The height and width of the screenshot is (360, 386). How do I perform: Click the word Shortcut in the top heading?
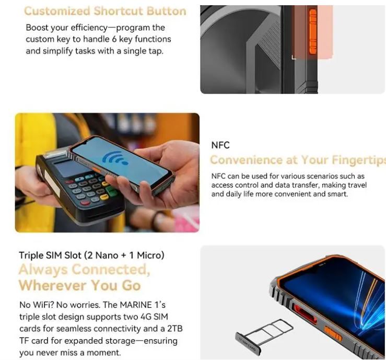click(x=119, y=11)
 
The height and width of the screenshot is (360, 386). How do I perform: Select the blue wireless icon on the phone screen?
click(x=115, y=158)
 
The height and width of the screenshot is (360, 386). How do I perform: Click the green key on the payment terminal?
click(x=112, y=191)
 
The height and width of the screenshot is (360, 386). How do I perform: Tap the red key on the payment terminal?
click(x=85, y=203)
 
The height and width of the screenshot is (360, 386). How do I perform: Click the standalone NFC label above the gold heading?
click(x=220, y=145)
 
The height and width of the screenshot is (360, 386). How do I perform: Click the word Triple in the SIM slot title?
click(x=31, y=256)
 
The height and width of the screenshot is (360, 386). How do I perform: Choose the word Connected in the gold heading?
click(x=110, y=269)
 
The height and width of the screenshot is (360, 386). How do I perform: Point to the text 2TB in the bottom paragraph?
click(x=174, y=329)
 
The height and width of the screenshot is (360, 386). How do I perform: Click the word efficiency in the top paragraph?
click(x=89, y=28)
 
